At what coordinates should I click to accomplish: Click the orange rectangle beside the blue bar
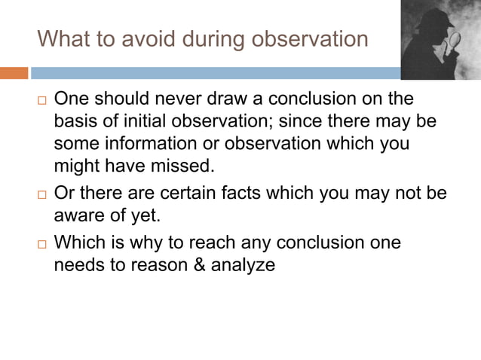coord(14,73)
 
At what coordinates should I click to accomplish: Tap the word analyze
coord(244,265)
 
